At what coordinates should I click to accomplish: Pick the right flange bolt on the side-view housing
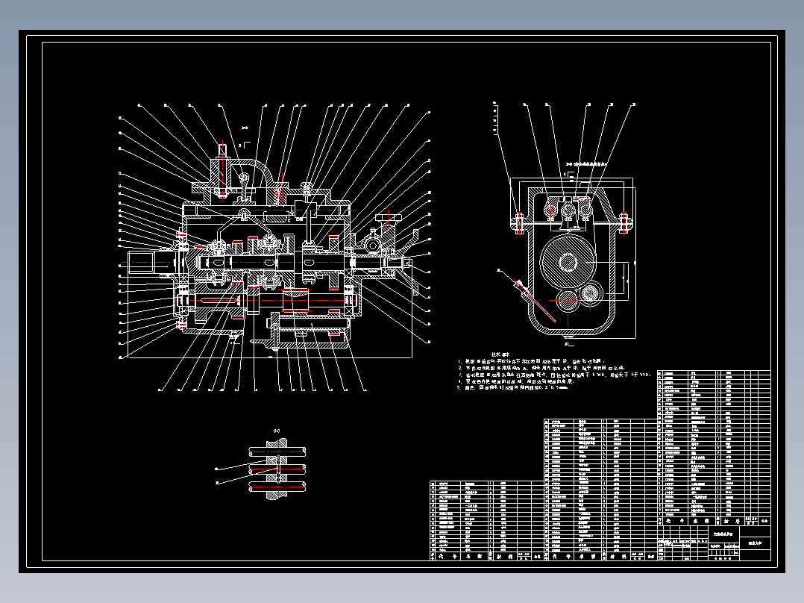624,221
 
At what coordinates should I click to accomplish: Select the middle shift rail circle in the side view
569,210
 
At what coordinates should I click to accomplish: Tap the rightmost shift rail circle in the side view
585,210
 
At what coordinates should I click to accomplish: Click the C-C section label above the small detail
277,431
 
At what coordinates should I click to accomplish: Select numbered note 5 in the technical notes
515,387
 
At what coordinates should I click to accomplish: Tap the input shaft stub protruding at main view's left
142,262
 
